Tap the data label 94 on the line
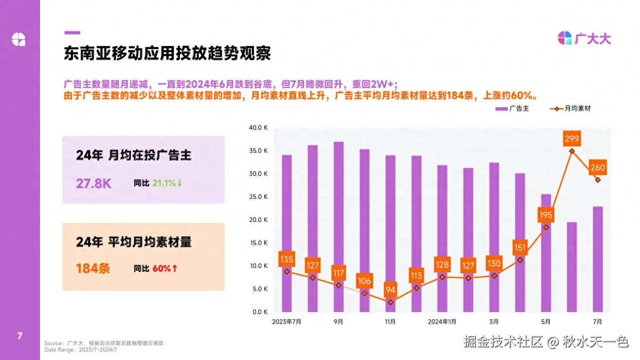[x=391, y=290]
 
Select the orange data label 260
[x=598, y=167]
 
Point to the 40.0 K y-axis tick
[x=258, y=128]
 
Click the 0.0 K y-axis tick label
[x=259, y=312]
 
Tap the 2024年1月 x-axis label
[x=442, y=322]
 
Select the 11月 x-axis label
[x=390, y=322]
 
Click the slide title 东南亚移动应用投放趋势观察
[x=167, y=53]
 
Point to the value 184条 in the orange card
[x=93, y=268]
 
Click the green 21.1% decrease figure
[x=167, y=183]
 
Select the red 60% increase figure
[x=165, y=268]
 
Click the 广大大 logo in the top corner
[x=584, y=38]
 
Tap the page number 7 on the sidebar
[x=20, y=335]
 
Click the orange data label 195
[x=546, y=214]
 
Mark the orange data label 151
[x=521, y=247]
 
